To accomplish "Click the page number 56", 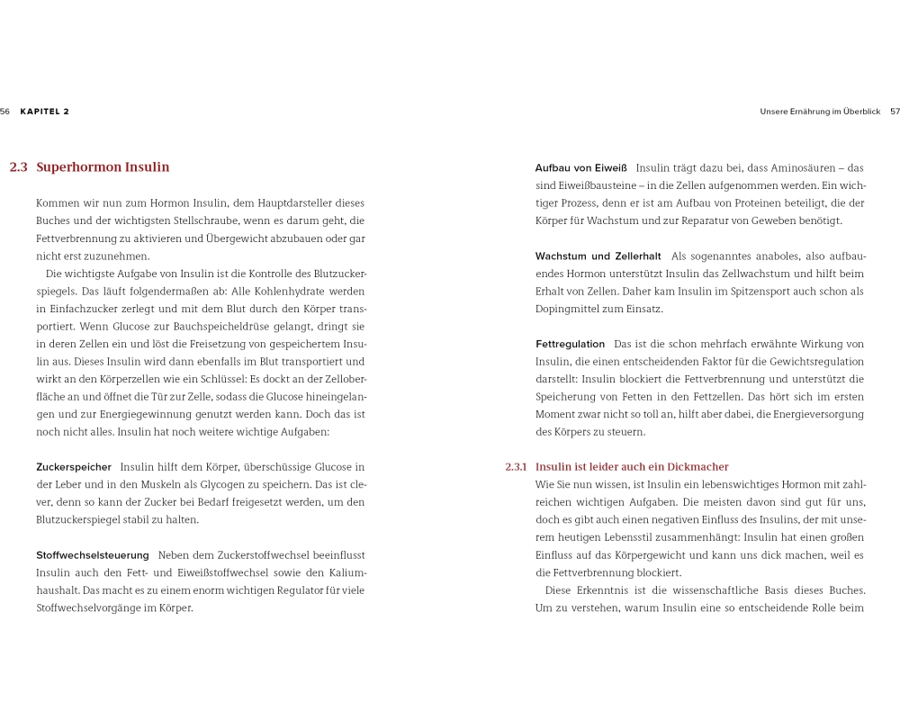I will [x=5, y=112].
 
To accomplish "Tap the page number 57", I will [x=895, y=112].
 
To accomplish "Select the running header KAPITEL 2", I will [x=45, y=112].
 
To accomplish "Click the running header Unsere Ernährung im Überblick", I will [x=820, y=112].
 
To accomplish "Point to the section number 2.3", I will [x=18, y=167].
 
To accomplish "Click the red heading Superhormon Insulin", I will [x=103, y=167].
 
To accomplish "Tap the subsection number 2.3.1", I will [x=516, y=467].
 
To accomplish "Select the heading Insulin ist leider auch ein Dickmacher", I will [x=632, y=467].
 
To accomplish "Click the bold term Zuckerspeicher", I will [x=74, y=467].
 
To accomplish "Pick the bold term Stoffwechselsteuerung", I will [x=93, y=555].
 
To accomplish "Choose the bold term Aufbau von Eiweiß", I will [x=580, y=168].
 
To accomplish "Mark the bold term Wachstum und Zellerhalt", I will [x=598, y=256].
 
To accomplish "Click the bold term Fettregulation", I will [x=570, y=345].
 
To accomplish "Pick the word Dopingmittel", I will [x=567, y=309].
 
